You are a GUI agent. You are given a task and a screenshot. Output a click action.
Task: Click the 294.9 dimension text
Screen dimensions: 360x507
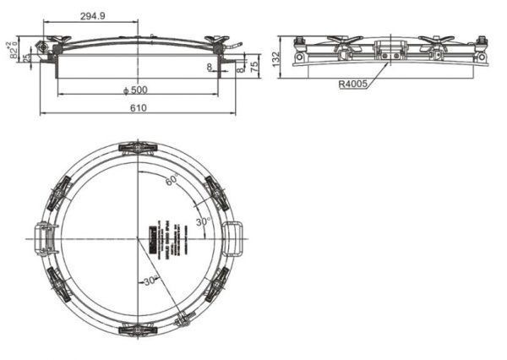point(95,16)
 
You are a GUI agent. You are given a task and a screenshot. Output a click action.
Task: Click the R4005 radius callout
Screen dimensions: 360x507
point(355,84)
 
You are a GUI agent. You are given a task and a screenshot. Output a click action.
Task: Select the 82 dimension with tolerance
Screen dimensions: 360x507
point(14,50)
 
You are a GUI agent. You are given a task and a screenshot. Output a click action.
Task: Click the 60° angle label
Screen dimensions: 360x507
point(172,181)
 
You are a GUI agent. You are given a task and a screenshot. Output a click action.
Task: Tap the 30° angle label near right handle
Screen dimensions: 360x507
point(203,221)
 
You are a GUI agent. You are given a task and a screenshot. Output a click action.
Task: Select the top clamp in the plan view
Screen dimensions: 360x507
point(137,149)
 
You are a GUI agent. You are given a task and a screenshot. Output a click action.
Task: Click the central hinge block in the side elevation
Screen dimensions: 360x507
point(390,50)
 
